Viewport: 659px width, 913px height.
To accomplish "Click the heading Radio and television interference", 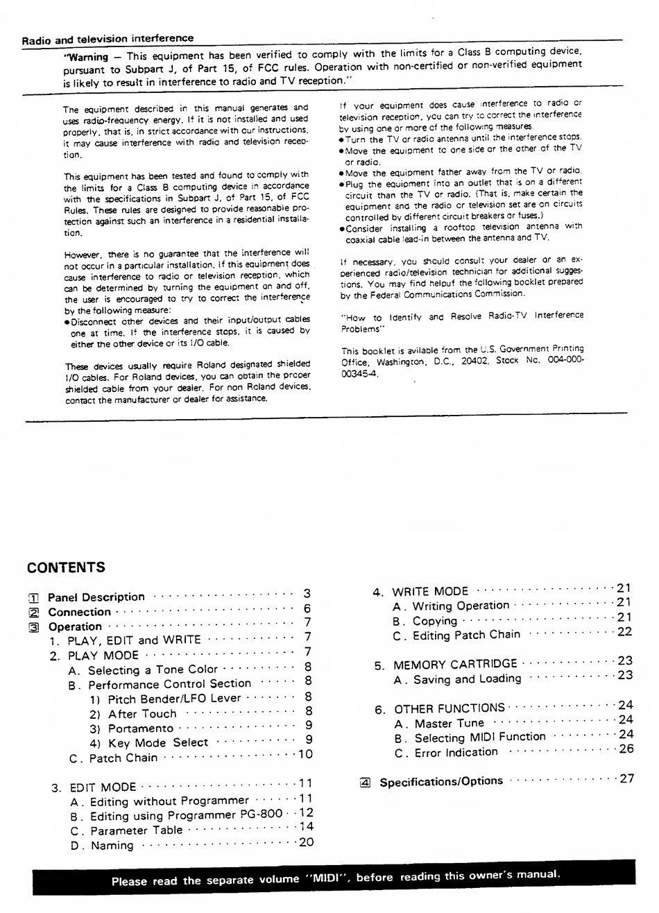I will [x=108, y=39].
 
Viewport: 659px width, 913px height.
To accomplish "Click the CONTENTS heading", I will [x=66, y=568].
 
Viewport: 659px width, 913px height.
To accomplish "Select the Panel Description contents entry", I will [x=96, y=597].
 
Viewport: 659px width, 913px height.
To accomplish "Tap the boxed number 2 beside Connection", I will [x=33, y=613].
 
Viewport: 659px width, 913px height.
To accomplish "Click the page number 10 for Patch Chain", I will [x=305, y=754].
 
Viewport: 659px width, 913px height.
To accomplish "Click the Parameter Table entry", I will [x=136, y=830].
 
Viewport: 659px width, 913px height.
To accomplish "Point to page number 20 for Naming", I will [x=305, y=842].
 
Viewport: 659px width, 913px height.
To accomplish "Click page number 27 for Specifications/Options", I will [x=626, y=778].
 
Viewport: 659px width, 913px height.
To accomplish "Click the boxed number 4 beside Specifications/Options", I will [x=366, y=783].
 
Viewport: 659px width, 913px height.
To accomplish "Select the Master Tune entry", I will [x=449, y=724].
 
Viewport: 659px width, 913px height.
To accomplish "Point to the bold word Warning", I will [x=87, y=57].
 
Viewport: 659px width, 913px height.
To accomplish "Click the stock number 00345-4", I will [x=359, y=373].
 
